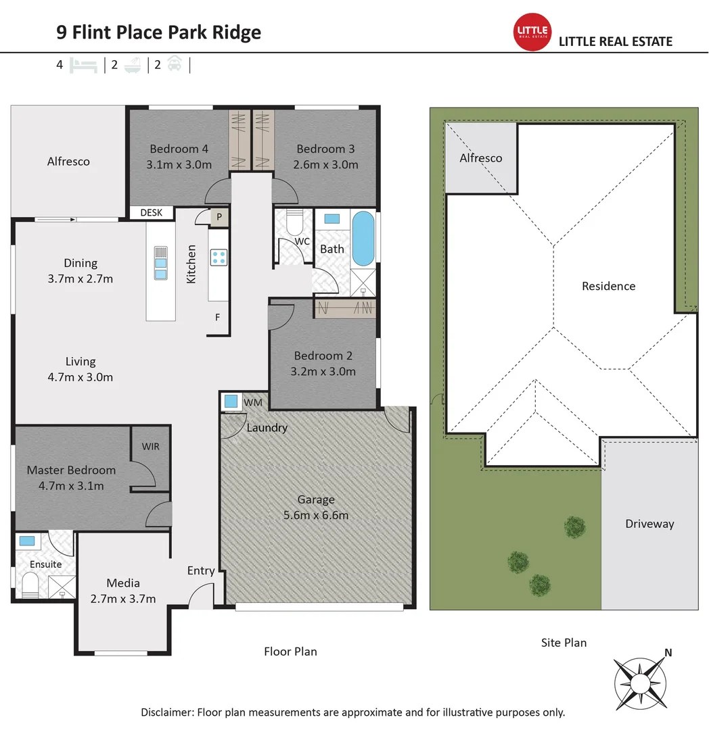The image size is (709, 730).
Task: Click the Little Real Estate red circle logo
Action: [533, 32]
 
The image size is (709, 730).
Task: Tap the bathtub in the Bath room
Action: [363, 239]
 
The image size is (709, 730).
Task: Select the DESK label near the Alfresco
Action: [152, 212]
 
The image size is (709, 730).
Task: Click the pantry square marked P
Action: [219, 218]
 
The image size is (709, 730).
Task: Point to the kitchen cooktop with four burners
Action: [219, 257]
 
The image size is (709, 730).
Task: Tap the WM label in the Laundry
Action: [252, 403]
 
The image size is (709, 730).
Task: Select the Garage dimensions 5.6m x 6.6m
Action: [316, 515]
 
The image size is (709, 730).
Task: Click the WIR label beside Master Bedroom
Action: [150, 447]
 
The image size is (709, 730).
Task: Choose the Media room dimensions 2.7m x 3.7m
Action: [123, 598]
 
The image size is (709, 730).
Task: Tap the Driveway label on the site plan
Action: [649, 523]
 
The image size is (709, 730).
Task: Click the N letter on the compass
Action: [668, 652]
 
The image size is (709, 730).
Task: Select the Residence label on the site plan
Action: [608, 286]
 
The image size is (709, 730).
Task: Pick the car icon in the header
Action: [174, 66]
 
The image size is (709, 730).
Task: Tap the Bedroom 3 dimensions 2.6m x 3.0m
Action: [325, 164]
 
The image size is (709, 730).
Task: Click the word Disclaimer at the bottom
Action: [166, 712]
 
